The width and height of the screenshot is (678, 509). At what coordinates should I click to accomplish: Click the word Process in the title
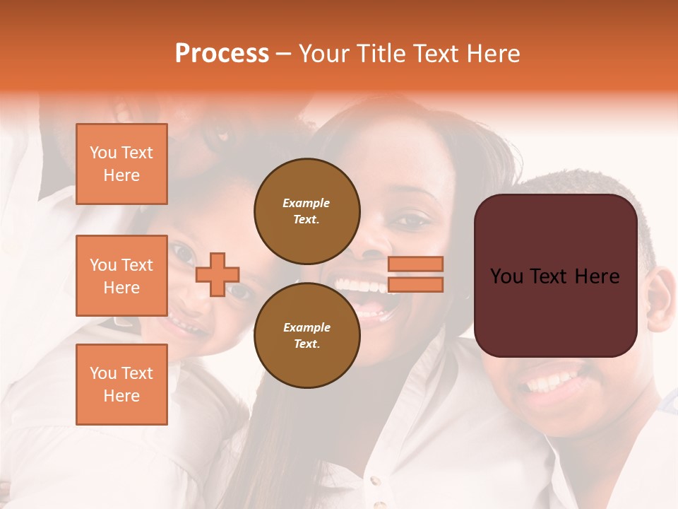click(x=222, y=54)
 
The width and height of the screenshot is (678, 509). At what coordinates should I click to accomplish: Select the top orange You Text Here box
click(x=121, y=164)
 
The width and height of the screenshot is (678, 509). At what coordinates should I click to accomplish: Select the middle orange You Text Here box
click(x=121, y=276)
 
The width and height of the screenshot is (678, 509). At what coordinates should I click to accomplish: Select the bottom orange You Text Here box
click(x=121, y=385)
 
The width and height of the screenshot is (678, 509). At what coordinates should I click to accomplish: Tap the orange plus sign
click(x=218, y=274)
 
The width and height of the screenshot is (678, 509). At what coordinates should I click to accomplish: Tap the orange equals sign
click(x=415, y=274)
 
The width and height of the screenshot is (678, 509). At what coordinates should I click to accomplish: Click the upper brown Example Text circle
click(x=307, y=211)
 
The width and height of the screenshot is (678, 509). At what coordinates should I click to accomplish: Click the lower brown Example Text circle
click(x=307, y=335)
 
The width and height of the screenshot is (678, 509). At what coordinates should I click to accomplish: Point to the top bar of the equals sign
click(x=415, y=264)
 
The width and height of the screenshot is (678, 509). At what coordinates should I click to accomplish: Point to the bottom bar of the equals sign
click(x=415, y=284)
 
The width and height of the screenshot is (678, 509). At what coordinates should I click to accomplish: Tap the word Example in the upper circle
click(x=307, y=203)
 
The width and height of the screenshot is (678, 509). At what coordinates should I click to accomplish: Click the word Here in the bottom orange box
click(x=121, y=396)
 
